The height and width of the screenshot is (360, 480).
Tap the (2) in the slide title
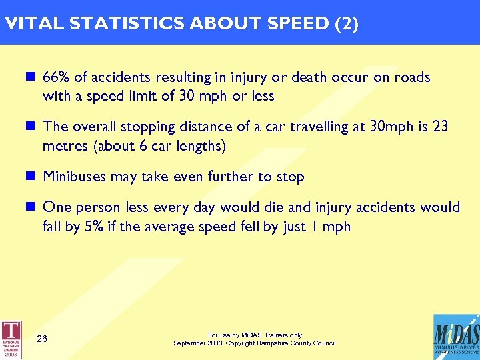point(346,24)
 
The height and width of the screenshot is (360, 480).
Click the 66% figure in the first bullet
point(55,77)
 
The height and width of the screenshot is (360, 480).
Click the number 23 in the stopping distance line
point(440,127)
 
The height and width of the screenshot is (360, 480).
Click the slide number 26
point(41,339)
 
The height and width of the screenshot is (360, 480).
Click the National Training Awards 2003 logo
point(11,337)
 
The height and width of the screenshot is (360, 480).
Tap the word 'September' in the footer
point(189,343)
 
